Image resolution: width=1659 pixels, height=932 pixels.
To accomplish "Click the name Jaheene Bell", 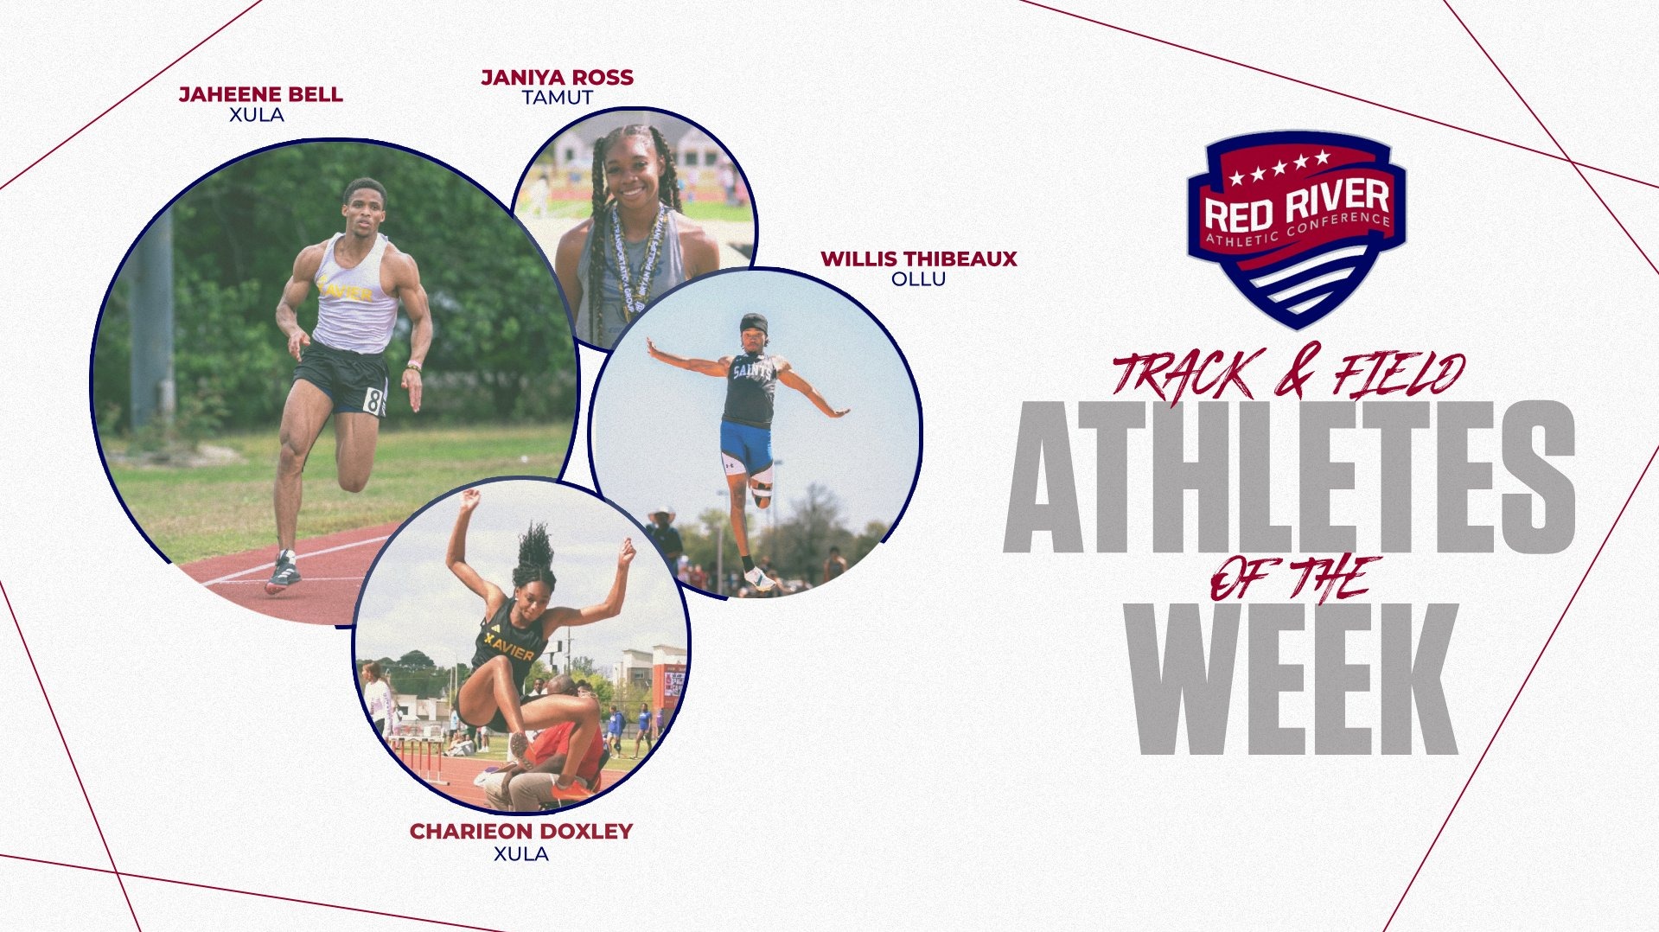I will pos(260,94).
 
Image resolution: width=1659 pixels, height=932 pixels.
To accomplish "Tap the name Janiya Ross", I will pos(557,78).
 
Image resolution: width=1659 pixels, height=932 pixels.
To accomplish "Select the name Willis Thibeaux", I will pos(918,259).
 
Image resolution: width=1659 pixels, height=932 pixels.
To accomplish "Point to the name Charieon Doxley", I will pos(520,831).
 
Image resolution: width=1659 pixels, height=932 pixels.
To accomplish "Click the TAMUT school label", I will pos(557,99).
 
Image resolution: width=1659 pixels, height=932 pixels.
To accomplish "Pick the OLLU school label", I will pos(918,279).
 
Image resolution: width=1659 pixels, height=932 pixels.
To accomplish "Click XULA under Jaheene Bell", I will pos(257,115).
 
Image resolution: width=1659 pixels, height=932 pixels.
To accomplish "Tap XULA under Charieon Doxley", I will pos(520,854).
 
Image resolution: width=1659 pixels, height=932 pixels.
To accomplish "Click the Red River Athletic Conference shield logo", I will pos(1295,229).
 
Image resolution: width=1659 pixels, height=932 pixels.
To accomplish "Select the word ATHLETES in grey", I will pos(1288,477).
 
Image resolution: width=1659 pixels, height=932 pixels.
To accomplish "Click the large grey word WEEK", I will pos(1293,679).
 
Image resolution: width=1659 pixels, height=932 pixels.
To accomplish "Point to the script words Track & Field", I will pos(1288,374).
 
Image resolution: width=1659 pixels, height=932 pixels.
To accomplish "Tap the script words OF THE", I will pos(1293,578).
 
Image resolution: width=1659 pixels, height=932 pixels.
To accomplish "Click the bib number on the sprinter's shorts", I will pos(373,401).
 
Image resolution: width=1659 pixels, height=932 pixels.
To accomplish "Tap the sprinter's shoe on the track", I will pos(283,572).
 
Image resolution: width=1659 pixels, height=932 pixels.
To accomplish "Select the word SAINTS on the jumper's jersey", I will pos(753,371).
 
